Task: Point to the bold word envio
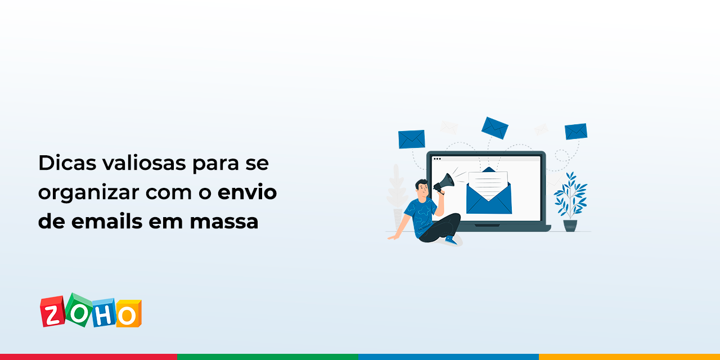pos(247,193)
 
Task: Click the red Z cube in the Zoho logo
pos(52,312)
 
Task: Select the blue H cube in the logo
pos(102,314)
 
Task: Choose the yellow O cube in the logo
pos(127,314)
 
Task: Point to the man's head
pos(421,187)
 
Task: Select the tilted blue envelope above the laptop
pos(495,128)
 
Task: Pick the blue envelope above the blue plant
pos(576,131)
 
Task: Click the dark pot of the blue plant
pos(570,225)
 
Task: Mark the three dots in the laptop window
pos(437,159)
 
